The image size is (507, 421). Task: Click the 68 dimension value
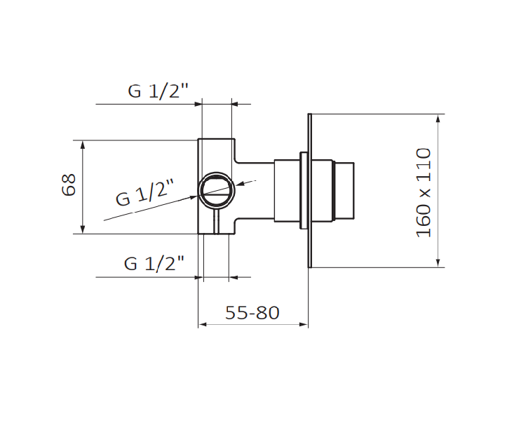click(x=69, y=185)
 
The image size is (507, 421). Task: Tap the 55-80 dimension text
click(x=252, y=313)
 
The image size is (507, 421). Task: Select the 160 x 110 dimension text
click(x=424, y=193)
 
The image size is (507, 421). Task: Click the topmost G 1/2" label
click(x=158, y=91)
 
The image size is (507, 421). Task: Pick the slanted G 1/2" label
click(x=145, y=193)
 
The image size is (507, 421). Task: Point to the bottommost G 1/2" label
click(x=154, y=263)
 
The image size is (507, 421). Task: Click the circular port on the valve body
click(x=217, y=189)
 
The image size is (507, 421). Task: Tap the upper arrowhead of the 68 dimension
click(x=83, y=145)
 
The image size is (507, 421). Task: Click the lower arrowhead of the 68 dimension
click(x=83, y=229)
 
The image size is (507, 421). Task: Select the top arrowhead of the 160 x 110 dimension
click(x=438, y=119)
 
